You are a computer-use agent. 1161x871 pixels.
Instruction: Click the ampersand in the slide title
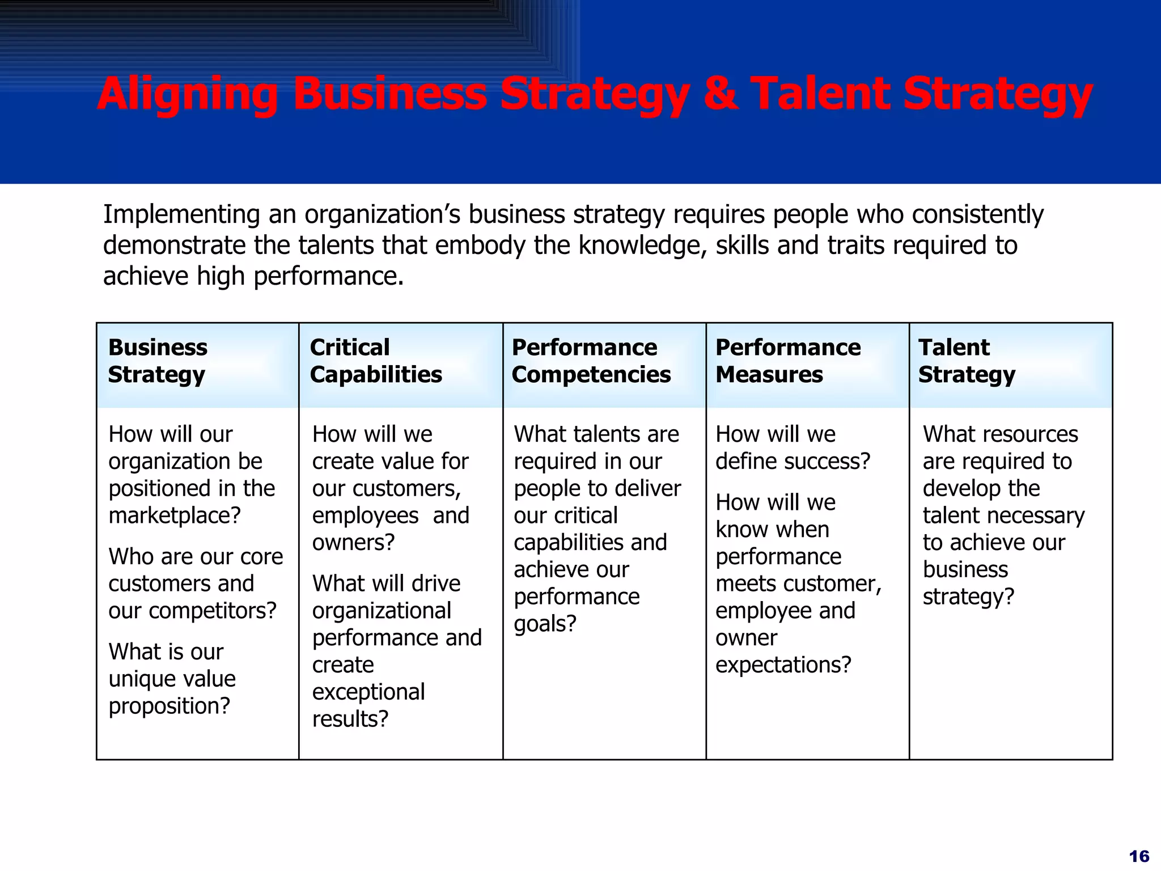click(x=721, y=94)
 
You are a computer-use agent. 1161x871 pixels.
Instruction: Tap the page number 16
click(x=1139, y=856)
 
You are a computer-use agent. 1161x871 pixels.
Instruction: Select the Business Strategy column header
click(x=158, y=361)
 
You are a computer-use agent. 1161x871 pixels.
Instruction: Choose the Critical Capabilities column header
click(x=376, y=361)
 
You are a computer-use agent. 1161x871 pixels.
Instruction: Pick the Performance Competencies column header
click(x=591, y=361)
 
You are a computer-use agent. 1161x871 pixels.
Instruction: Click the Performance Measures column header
click(x=788, y=361)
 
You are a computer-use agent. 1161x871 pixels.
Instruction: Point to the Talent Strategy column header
click(x=967, y=361)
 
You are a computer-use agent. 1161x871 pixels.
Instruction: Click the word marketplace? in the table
click(x=175, y=515)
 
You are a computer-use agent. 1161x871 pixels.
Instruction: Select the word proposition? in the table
click(x=170, y=706)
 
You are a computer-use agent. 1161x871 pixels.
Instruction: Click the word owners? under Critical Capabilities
click(x=353, y=543)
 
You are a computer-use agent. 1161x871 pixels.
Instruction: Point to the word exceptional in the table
click(x=368, y=692)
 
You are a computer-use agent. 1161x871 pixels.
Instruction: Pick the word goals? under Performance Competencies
click(x=545, y=624)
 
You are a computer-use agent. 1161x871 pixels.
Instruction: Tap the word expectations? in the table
click(x=783, y=665)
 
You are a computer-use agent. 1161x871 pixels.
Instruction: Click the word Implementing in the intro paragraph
click(x=181, y=215)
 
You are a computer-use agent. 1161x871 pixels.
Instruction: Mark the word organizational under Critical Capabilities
click(x=382, y=611)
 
